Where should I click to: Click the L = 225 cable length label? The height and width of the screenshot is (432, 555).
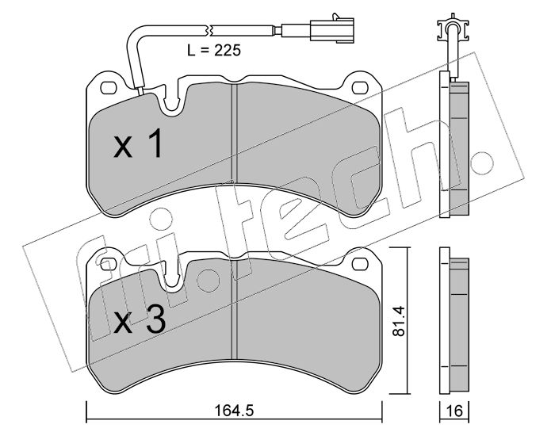coord(214,50)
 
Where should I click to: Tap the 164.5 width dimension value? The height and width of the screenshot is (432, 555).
coord(235,411)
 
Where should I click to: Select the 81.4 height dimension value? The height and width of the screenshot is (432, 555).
coord(400,321)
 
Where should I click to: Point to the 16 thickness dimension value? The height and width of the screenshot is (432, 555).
coord(454,411)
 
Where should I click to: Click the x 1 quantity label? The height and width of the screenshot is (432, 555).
coord(139,143)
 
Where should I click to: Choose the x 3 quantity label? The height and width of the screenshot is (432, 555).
coord(140,319)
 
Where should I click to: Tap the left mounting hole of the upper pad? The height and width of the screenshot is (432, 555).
coord(109,88)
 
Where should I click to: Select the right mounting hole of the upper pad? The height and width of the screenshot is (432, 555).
coord(360,87)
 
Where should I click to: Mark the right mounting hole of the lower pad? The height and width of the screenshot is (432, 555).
coord(360,263)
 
